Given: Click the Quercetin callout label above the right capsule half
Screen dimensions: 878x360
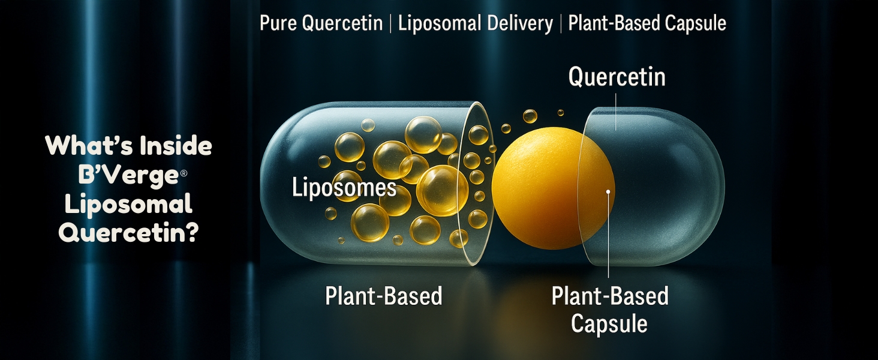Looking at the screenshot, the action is [617, 77].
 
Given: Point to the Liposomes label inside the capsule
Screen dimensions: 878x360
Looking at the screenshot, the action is [344, 188].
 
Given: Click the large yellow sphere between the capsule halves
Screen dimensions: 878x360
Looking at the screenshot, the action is [553, 188].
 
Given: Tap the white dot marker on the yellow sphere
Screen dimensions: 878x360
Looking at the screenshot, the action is [608, 192].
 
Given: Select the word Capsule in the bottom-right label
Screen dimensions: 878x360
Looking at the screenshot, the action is [609, 324].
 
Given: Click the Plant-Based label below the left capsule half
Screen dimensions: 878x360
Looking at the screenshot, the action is [384, 296].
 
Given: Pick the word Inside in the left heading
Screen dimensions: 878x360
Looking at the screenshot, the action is [176, 145].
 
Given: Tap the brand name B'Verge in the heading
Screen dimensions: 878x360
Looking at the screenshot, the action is [128, 175].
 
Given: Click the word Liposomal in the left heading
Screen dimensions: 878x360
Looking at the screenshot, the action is [128, 205].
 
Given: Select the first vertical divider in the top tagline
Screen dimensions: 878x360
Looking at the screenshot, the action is [390, 23].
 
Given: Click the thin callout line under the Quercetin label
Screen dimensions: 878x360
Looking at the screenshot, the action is [616, 112].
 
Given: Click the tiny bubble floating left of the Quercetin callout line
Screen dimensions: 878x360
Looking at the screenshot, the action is [561, 113].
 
